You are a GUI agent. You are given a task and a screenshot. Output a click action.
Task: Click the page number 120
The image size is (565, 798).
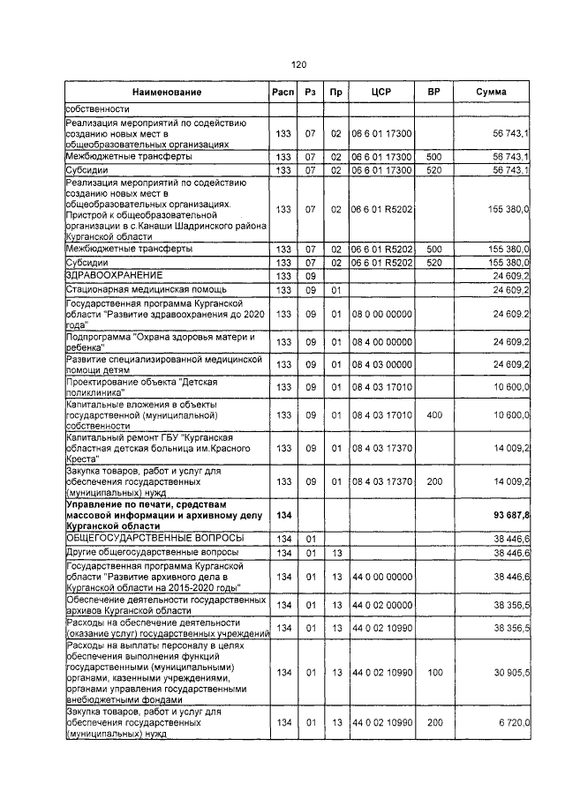[298, 64]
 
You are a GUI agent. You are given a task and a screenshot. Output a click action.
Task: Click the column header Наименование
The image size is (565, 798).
[167, 93]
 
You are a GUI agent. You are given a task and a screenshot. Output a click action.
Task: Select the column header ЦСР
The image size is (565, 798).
[381, 93]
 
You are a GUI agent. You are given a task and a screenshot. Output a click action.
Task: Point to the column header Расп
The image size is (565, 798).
[283, 93]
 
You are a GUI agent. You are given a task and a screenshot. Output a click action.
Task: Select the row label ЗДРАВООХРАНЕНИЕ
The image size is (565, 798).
[115, 276]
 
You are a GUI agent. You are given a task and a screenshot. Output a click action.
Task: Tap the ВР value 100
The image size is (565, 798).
[433, 673]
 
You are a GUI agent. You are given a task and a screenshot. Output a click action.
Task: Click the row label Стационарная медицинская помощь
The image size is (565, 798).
[147, 289]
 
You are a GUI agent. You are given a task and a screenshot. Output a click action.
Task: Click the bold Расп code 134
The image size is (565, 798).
[283, 514]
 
